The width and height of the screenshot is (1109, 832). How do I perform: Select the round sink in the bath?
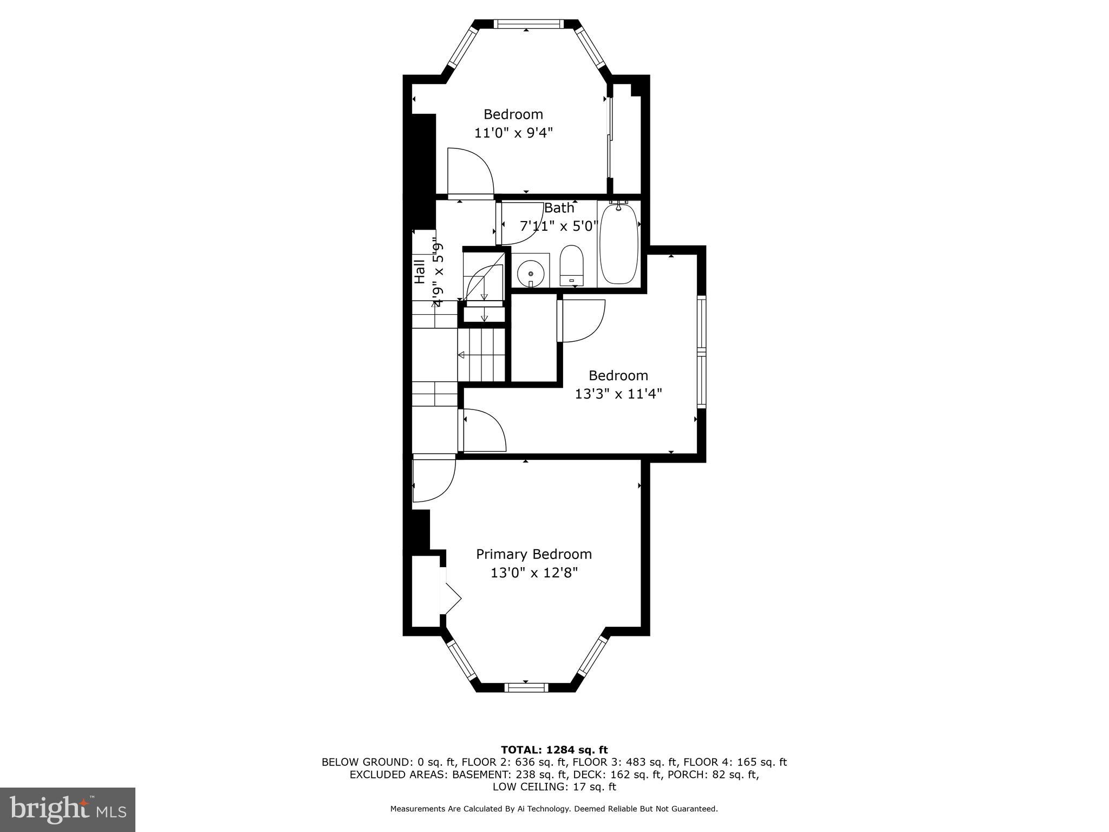click(530, 273)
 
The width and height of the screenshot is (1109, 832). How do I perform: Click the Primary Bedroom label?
click(533, 554)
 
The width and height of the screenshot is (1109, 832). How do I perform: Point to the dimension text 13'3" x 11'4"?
click(618, 394)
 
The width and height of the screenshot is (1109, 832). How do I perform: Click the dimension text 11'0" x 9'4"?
click(513, 133)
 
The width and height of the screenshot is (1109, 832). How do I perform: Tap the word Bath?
click(559, 208)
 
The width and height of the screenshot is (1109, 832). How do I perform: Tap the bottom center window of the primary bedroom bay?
click(526, 687)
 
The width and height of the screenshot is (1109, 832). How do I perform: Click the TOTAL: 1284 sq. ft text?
click(554, 750)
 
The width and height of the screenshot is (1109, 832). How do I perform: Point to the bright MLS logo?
click(68, 809)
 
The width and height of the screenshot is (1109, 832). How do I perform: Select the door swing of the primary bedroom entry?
click(433, 479)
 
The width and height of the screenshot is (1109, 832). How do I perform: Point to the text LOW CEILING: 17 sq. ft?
click(554, 786)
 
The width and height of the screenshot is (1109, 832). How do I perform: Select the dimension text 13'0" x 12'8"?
click(534, 573)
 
